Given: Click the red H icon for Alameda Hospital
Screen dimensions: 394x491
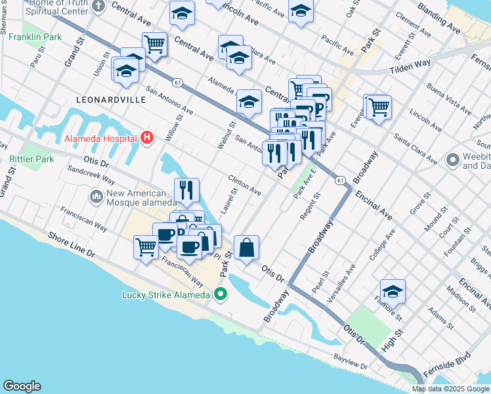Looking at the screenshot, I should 148,138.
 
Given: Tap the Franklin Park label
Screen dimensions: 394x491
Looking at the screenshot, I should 35,37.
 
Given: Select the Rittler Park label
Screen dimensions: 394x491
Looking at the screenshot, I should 32,159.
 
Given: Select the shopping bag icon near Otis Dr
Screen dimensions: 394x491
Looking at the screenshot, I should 247,248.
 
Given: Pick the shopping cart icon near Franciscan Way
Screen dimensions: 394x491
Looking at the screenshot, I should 146,248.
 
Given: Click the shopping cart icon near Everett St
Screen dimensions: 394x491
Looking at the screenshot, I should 378,106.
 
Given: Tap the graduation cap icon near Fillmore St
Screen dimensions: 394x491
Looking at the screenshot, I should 393,291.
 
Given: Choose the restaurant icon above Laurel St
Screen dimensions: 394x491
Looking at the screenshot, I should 186,190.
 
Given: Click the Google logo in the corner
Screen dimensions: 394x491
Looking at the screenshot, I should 22,386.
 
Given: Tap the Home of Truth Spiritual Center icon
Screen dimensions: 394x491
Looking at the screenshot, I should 98,7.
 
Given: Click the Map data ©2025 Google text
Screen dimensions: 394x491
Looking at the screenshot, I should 450,389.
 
